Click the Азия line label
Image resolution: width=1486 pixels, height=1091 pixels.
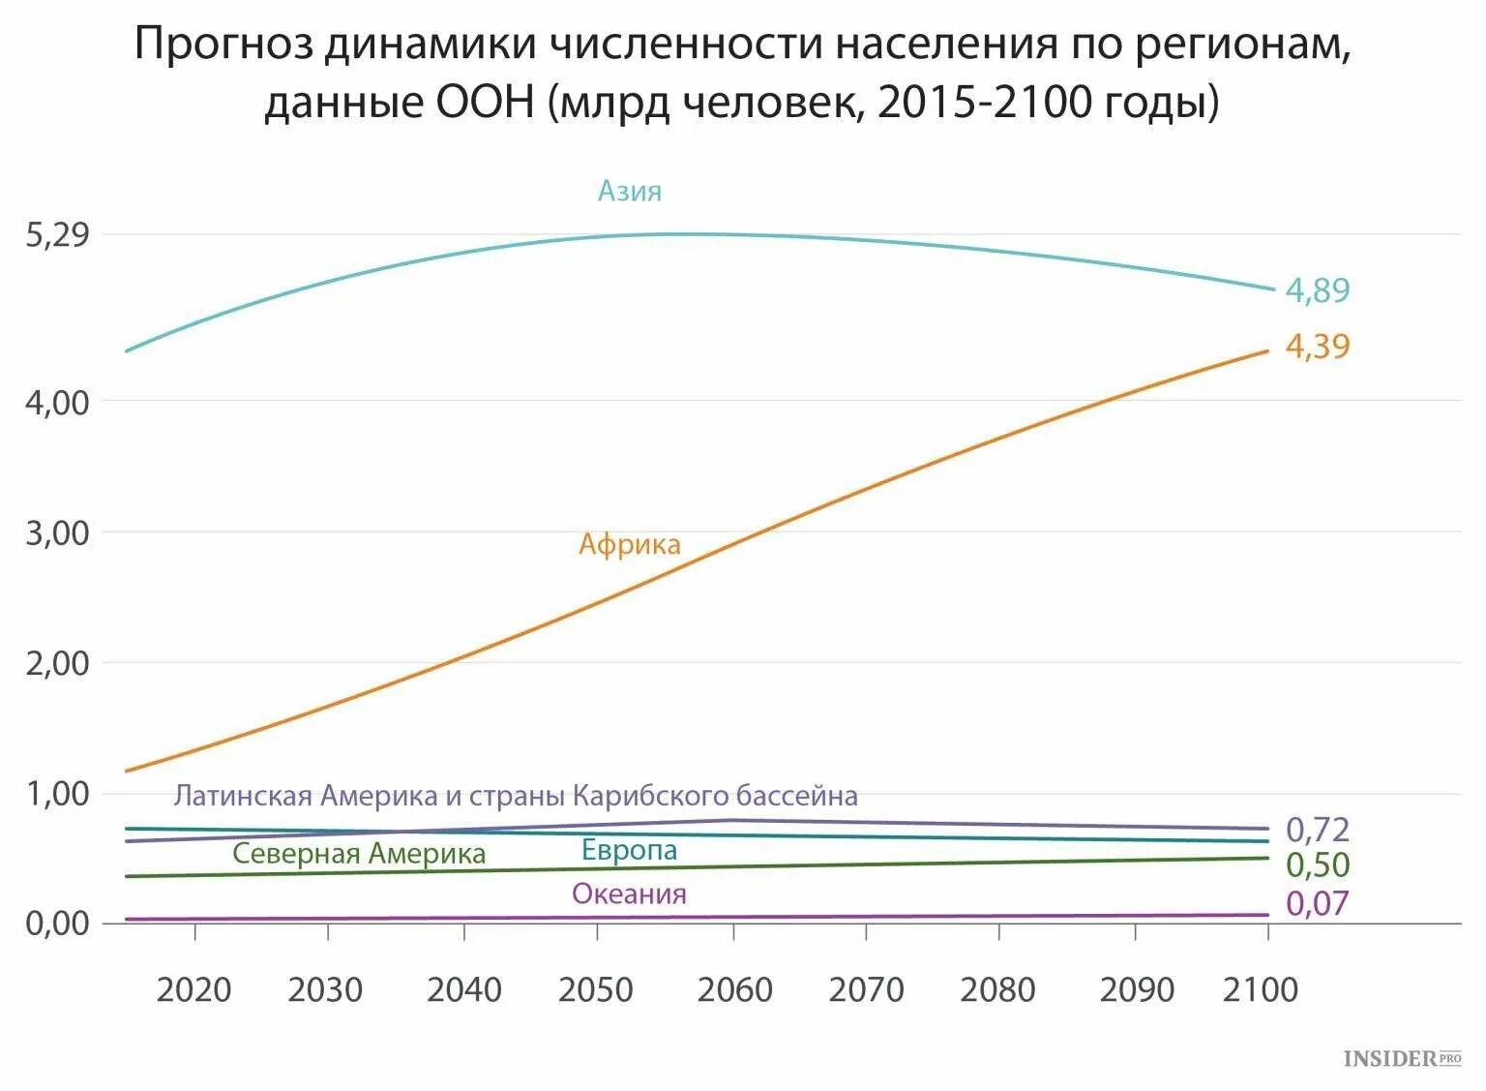pos(629,191)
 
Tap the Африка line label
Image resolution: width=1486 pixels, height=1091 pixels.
pos(629,544)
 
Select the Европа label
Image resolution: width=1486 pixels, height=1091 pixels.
pos(629,850)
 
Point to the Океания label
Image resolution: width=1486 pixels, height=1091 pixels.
pos(629,894)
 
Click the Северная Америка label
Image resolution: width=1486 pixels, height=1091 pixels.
pos(359,853)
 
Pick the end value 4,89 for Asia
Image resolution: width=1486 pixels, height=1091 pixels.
pos(1317,289)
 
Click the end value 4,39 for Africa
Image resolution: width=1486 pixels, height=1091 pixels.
pos(1317,346)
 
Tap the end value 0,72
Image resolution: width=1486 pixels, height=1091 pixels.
pos(1317,829)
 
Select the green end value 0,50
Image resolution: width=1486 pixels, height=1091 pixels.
pos(1317,864)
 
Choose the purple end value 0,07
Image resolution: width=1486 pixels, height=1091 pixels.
pos(1317,903)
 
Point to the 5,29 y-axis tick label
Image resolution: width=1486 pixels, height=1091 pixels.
pos(57,234)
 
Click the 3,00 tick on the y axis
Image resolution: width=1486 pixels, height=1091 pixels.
pos(57,532)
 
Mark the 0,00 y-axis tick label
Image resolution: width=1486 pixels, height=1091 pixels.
pos(57,923)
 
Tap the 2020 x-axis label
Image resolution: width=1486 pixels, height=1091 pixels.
pos(193,989)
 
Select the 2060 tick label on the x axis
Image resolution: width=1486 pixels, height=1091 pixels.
pos(734,989)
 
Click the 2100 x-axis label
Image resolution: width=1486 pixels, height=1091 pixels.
pos(1261,989)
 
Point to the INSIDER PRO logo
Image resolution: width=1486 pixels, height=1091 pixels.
pos(1402,1058)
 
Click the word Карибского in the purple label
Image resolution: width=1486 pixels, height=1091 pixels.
pos(650,796)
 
